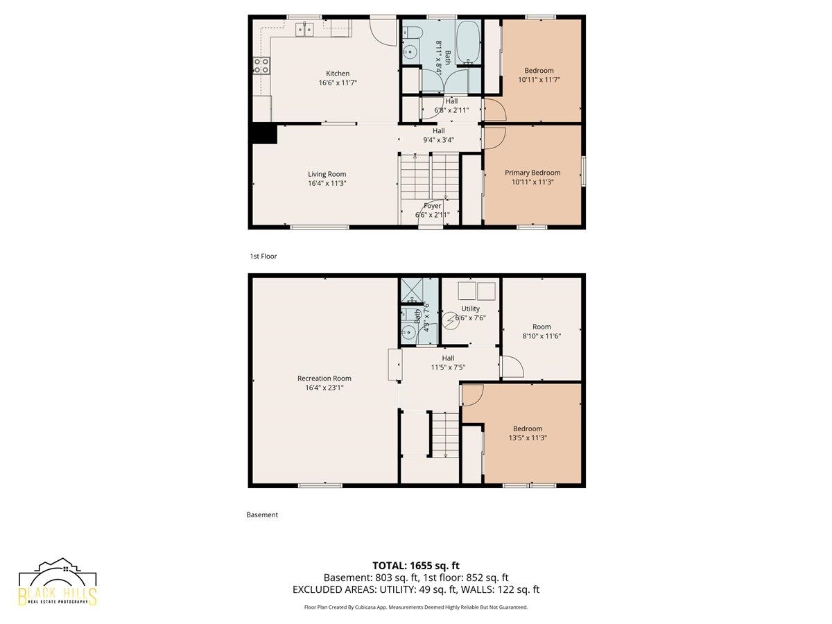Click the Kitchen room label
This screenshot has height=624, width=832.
pyautogui.click(x=338, y=73)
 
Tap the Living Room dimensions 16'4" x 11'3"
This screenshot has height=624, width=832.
pyautogui.click(x=327, y=183)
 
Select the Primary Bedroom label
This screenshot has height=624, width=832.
pyautogui.click(x=532, y=173)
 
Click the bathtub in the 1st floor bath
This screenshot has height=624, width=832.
pyautogui.click(x=468, y=42)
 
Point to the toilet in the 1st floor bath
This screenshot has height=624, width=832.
pyautogui.click(x=413, y=32)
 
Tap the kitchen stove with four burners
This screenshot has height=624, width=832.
pyautogui.click(x=261, y=65)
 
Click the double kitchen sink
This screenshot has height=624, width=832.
pyautogui.click(x=305, y=30)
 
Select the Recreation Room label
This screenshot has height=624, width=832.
pyautogui.click(x=324, y=378)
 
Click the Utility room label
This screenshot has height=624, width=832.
pyautogui.click(x=470, y=309)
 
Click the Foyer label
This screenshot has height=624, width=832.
pyautogui.click(x=432, y=206)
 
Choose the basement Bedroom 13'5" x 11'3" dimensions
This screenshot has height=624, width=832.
pyautogui.click(x=528, y=438)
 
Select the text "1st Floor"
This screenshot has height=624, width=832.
pyautogui.click(x=263, y=256)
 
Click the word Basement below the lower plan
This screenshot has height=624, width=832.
pyautogui.click(x=262, y=515)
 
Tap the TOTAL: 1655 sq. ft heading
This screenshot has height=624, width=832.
pyautogui.click(x=416, y=566)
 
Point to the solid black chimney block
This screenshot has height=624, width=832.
pyautogui.click(x=265, y=134)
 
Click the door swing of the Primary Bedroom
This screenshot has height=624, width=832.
pyautogui.click(x=494, y=138)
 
